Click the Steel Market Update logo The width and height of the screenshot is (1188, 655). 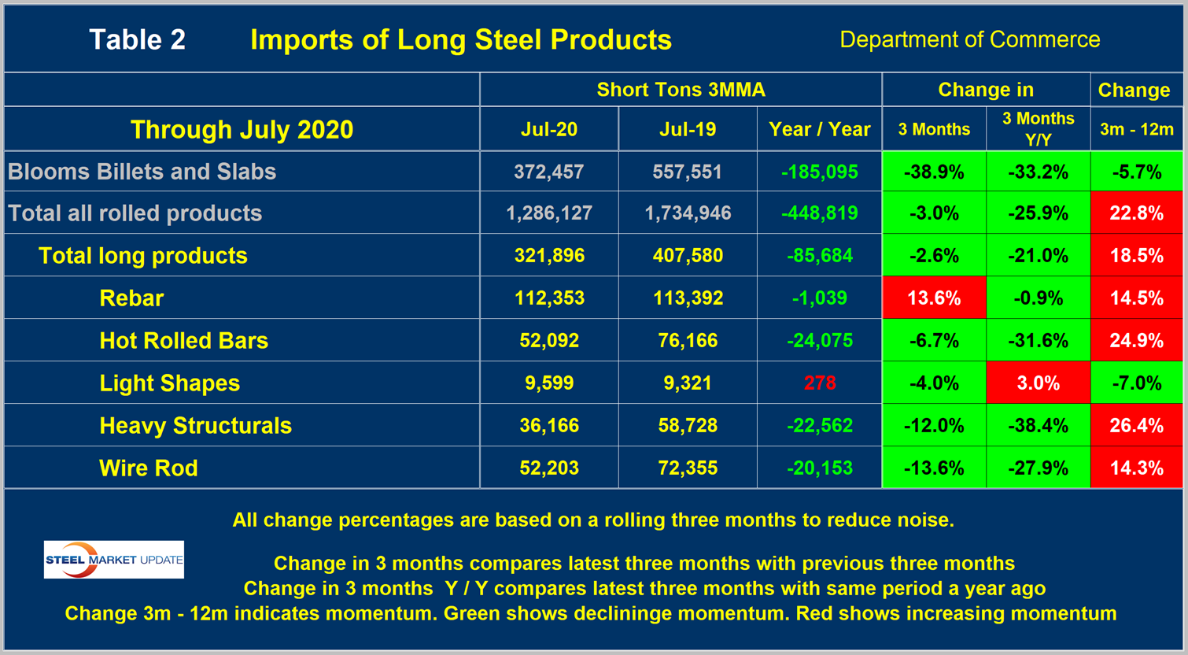point(114,560)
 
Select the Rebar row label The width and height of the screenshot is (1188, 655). point(131,298)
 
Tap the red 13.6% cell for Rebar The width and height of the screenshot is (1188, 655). point(934,298)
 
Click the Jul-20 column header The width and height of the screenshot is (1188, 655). point(549,129)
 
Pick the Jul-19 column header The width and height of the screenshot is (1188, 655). point(688,129)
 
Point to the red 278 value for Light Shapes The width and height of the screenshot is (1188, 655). point(820,383)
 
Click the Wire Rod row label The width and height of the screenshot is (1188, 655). point(148,468)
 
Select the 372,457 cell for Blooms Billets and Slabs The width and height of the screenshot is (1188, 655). point(549,172)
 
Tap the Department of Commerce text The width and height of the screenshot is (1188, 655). point(970,39)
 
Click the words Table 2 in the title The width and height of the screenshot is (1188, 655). point(138,39)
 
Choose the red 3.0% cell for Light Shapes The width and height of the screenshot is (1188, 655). point(1039,383)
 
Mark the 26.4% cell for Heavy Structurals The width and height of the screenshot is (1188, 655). point(1136,426)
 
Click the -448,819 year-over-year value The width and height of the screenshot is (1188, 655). point(820,213)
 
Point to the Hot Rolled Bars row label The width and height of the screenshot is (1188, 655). point(183,341)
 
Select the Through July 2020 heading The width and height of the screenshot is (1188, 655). point(242,129)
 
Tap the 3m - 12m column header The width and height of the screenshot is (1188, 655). point(1136,129)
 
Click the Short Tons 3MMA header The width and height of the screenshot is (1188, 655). point(681,90)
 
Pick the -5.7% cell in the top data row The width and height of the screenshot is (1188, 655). point(1136,172)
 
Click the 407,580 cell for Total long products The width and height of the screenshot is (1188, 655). point(688,256)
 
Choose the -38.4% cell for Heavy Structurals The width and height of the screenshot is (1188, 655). point(1039,426)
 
